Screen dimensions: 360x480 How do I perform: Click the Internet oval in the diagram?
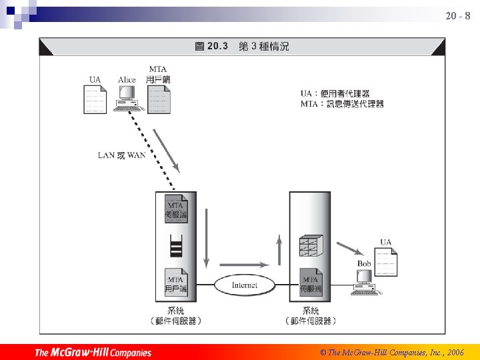tap(244, 285)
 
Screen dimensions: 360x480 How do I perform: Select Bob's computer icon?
tap(365, 284)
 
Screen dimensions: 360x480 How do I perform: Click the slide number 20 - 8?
tap(457, 15)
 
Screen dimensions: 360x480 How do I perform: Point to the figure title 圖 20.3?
tap(211, 46)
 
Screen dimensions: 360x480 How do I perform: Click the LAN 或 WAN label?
tap(121, 156)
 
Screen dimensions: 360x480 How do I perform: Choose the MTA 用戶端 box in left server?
tap(176, 283)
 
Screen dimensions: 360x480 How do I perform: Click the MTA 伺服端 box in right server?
tap(310, 283)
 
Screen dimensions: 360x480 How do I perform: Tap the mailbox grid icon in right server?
tap(310, 245)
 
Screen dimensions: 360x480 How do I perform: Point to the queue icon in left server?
tap(176, 246)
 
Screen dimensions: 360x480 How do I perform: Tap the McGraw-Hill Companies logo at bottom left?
tap(93, 352)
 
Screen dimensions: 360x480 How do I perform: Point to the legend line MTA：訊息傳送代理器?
tap(342, 104)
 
